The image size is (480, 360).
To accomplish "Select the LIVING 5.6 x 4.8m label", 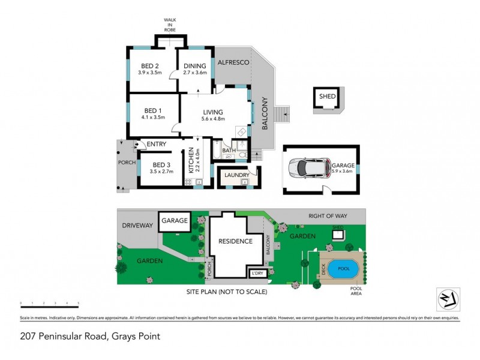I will point(212,115).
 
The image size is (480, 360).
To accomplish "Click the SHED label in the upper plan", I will point(327,96).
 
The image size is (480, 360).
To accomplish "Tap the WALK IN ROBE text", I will point(170,25).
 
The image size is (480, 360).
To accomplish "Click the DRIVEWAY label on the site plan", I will point(138,225).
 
